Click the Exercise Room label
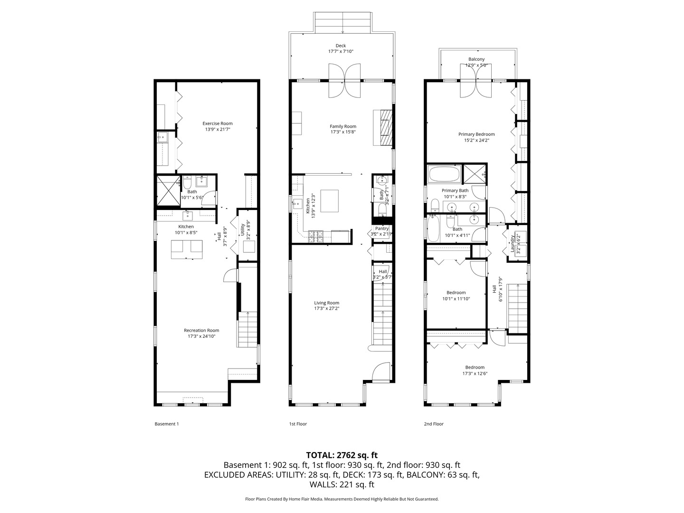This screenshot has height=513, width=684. pyautogui.click(x=218, y=123)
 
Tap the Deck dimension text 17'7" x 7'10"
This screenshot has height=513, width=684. pyautogui.click(x=341, y=51)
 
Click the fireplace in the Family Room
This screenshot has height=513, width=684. pyautogui.click(x=385, y=127)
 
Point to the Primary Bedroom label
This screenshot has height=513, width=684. pyautogui.click(x=476, y=134)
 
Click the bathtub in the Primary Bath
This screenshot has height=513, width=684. pyautogui.click(x=444, y=174)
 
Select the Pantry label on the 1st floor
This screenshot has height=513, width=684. pyautogui.click(x=381, y=228)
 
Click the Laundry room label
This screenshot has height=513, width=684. pyautogui.click(x=513, y=243)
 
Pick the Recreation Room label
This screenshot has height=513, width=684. pyautogui.click(x=201, y=331)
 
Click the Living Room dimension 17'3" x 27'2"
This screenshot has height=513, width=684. pyautogui.click(x=326, y=308)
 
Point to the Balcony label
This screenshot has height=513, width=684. pyautogui.click(x=476, y=59)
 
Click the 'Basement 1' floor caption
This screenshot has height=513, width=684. pyautogui.click(x=167, y=424)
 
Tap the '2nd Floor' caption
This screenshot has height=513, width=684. pyautogui.click(x=433, y=424)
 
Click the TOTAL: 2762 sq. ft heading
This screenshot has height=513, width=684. pyautogui.click(x=342, y=455)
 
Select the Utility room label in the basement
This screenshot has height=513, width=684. pyautogui.click(x=243, y=230)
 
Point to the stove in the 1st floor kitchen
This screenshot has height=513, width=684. pyautogui.click(x=315, y=236)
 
